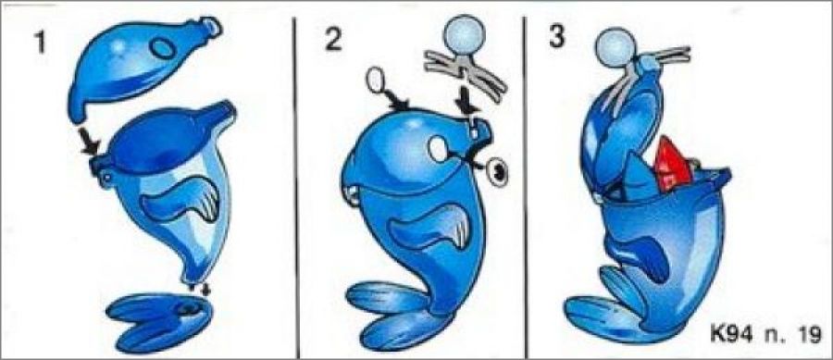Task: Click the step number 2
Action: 333,39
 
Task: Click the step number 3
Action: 556,37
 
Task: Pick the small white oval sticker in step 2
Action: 376,81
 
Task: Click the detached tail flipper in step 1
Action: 159,322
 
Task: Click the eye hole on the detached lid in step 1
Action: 162,48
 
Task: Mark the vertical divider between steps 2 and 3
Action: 525,186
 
